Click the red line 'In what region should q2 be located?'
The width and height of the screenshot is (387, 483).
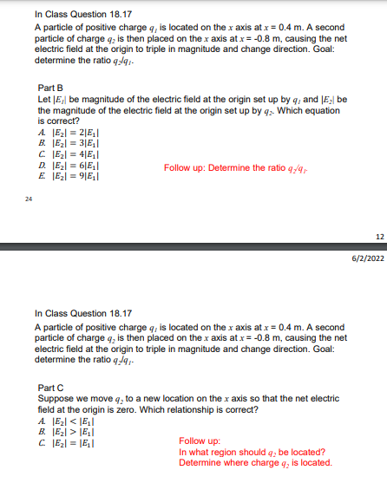(252, 451)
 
